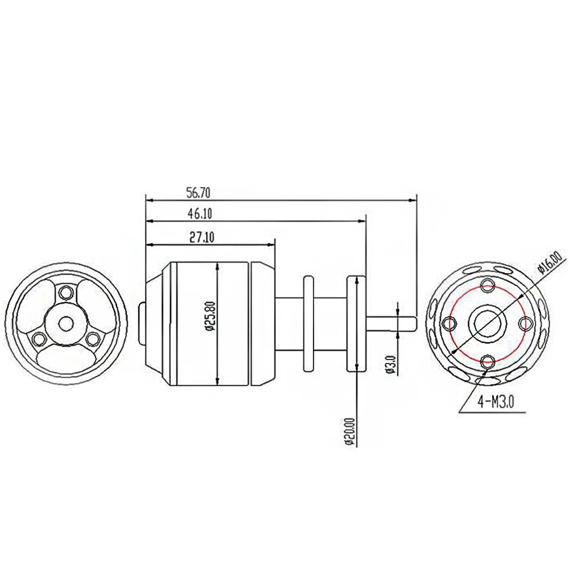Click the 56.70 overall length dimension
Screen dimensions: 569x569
click(196, 193)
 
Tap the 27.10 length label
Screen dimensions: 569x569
click(201, 238)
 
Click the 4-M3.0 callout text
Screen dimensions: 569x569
click(496, 402)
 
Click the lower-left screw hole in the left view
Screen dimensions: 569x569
click(39, 339)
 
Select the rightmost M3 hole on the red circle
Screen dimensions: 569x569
click(524, 323)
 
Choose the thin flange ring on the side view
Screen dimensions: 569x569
click(308, 323)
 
